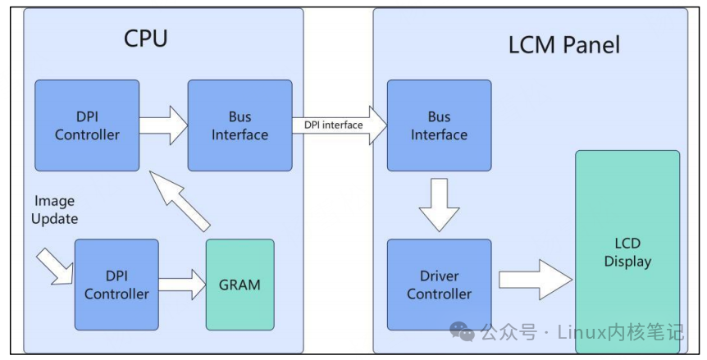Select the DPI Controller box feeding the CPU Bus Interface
(x=87, y=125)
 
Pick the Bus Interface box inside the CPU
(x=239, y=125)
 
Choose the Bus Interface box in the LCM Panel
(x=439, y=125)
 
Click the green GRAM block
(x=239, y=285)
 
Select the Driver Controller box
(x=439, y=285)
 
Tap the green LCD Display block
(x=627, y=253)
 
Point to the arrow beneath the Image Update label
(x=55, y=267)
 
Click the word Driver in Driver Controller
(x=439, y=276)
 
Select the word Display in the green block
(x=627, y=262)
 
